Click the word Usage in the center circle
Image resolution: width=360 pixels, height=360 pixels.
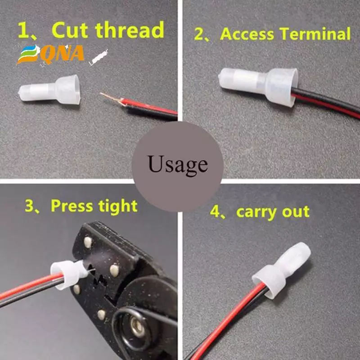[178, 165]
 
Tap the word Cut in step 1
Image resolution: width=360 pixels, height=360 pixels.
[70, 30]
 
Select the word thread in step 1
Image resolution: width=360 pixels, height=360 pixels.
[130, 30]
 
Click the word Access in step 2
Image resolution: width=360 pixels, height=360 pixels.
[247, 34]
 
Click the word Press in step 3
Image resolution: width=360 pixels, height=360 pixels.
[72, 206]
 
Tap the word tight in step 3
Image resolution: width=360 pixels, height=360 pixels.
[118, 206]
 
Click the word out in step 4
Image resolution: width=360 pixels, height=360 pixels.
[296, 211]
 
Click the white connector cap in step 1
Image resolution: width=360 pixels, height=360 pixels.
[49, 90]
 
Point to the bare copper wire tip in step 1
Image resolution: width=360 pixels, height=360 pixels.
[110, 97]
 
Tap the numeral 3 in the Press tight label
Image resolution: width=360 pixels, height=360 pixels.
[29, 206]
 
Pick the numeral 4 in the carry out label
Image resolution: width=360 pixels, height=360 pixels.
[215, 212]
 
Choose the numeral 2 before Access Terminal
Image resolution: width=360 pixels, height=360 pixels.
[198, 35]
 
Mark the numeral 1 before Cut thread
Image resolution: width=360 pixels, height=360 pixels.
[22, 30]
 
